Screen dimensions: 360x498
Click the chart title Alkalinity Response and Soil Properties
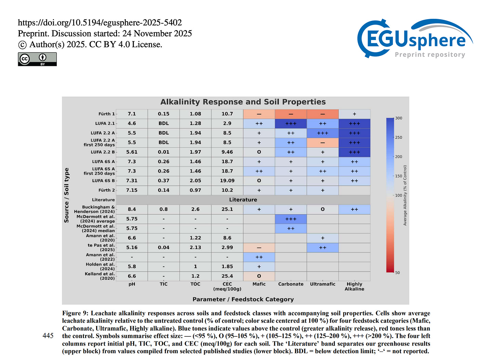tap(243, 102)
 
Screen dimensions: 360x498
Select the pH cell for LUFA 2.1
tap(132, 124)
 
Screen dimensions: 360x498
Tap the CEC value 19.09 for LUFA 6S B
tap(227, 181)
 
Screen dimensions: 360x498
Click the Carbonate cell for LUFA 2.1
tap(291, 124)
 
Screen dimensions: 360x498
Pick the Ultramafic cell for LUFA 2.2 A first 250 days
tap(323, 143)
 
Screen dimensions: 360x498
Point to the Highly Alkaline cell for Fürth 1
tap(354, 114)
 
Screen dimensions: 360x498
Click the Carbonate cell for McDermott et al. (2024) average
tap(291, 219)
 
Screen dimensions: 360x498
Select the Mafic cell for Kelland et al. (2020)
tap(259, 276)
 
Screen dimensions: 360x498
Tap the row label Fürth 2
tap(107, 190)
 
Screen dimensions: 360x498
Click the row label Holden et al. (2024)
tap(101, 267)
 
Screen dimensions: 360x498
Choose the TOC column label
tap(195, 284)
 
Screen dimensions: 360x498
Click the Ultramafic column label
tap(323, 284)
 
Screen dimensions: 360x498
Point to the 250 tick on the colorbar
tap(398, 138)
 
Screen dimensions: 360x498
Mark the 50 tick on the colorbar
tap(397, 273)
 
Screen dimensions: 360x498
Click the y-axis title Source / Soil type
tap(67, 195)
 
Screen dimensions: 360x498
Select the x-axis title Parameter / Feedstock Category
tap(243, 299)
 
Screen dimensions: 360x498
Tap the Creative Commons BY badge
tap(37, 59)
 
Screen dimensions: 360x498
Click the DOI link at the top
tap(100, 23)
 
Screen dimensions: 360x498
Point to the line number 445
tap(48, 336)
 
